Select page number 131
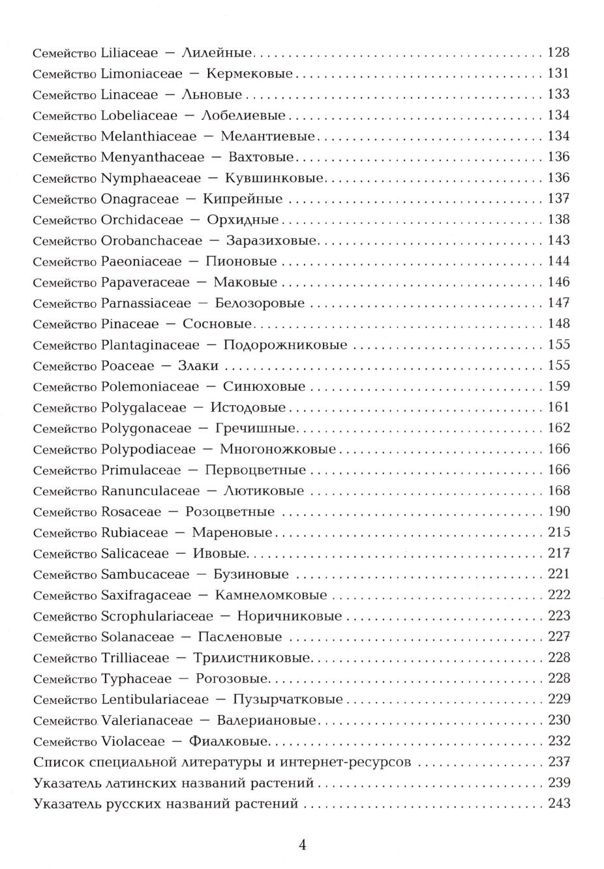[x=559, y=74]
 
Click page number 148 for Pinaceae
[x=559, y=324]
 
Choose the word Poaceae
[x=128, y=366]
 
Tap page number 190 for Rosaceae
[x=559, y=512]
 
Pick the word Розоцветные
[x=230, y=512]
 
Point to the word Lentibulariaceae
[x=155, y=700]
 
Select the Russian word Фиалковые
[x=228, y=742]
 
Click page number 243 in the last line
[x=559, y=804]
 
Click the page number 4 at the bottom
[x=302, y=846]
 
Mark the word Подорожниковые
[x=285, y=345]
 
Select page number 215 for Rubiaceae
[x=559, y=533]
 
